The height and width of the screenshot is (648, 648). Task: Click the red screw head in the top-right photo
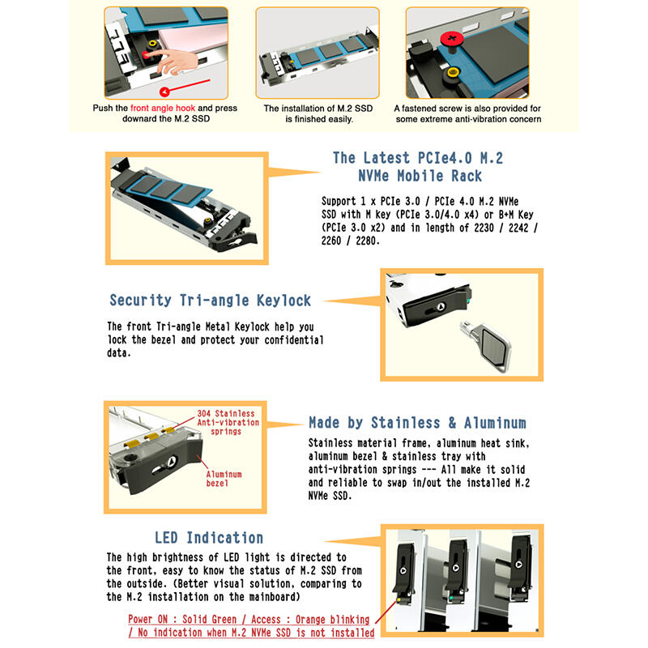pos(452,39)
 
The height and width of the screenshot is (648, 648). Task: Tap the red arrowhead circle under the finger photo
pos(164,92)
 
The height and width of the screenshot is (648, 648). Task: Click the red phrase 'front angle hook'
pos(163,109)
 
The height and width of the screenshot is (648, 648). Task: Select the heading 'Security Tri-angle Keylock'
pos(210,301)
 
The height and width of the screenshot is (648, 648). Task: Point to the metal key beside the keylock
pos(487,346)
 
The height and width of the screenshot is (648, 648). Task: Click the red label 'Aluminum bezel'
pos(224,479)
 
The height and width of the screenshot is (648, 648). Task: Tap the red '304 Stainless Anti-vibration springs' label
pos(228,422)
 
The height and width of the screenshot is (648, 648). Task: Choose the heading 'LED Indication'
pos(209,538)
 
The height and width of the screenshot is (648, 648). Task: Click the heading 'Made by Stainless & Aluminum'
pos(417,423)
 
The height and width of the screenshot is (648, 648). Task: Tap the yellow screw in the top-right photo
pos(454,74)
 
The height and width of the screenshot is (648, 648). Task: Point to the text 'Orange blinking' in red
pos(333,620)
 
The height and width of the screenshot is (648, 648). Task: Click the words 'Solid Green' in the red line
pos(209,620)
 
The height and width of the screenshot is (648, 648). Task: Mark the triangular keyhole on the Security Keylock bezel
pos(441,307)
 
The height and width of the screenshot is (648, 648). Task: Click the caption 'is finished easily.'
pos(319,119)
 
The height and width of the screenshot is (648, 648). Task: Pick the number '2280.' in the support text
pos(368,241)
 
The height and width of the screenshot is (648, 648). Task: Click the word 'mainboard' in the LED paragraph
pos(273,597)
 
